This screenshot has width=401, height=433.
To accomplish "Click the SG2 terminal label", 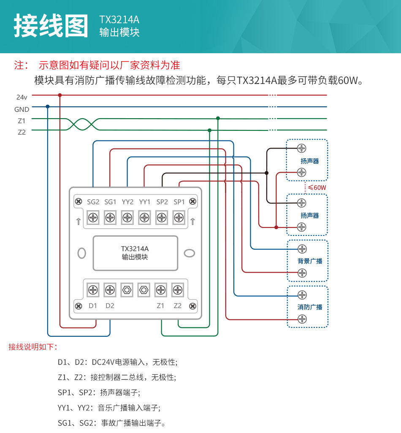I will click(x=93, y=202).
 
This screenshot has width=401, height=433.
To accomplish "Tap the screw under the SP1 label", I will click(x=179, y=218).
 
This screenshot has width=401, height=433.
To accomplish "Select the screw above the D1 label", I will click(x=93, y=290).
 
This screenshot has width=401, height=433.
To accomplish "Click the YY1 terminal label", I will click(x=145, y=202).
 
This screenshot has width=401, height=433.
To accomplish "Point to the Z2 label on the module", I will click(x=178, y=306).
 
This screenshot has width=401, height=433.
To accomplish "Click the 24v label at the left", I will click(x=22, y=97).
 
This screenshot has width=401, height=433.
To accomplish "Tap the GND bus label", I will click(x=22, y=109).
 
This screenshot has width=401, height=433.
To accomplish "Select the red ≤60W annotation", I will click(x=317, y=187).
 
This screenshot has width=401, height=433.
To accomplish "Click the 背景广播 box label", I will click(x=310, y=261).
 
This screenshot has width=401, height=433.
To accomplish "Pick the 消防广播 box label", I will click(x=310, y=307).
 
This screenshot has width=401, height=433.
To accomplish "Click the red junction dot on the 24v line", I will click(x=60, y=95).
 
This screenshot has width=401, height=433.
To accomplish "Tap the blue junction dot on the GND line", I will click(x=47, y=107).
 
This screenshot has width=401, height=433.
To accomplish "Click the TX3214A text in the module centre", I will click(x=135, y=249).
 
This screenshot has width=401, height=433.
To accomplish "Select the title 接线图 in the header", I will click(x=51, y=26).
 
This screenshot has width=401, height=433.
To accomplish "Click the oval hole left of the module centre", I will click(x=82, y=253).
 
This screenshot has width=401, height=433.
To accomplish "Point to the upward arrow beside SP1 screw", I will click(x=192, y=221).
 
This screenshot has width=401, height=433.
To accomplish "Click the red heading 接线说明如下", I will click(x=33, y=347).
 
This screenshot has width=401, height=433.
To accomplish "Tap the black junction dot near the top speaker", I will click(x=266, y=173).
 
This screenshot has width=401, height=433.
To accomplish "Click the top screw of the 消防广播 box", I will click(x=302, y=295).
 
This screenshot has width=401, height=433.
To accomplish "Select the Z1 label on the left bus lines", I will click(x=22, y=121).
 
